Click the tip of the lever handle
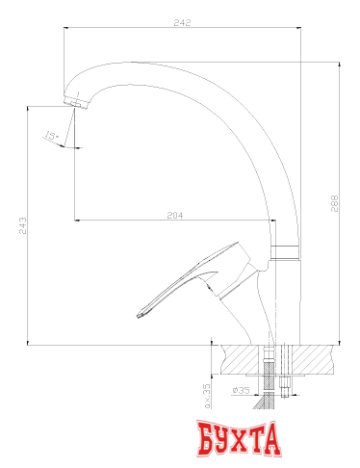tap(141, 314)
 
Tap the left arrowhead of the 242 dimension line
tap(65, 29)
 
